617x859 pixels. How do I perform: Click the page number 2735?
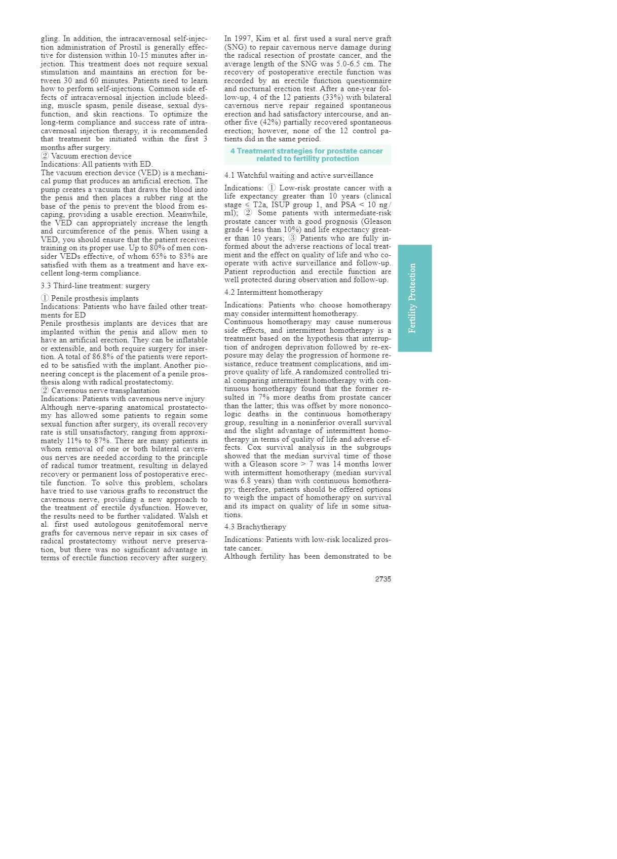click(x=383, y=579)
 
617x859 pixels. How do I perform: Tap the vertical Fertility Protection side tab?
click(x=414, y=298)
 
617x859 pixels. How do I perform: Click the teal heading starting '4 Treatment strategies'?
click(x=307, y=154)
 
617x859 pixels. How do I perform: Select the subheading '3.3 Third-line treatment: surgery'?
click(x=95, y=286)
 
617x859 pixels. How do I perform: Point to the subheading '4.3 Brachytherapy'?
click(x=255, y=527)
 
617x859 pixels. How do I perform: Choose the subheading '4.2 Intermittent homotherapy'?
click(x=273, y=292)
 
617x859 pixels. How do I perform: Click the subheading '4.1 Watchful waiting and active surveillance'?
click(x=298, y=175)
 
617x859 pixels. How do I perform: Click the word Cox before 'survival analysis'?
click(x=254, y=447)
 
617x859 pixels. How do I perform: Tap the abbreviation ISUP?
click(x=281, y=205)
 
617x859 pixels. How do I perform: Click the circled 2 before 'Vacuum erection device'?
click(x=45, y=156)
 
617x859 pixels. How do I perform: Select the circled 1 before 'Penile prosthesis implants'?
click(x=45, y=298)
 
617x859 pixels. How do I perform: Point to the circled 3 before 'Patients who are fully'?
click(x=293, y=238)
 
